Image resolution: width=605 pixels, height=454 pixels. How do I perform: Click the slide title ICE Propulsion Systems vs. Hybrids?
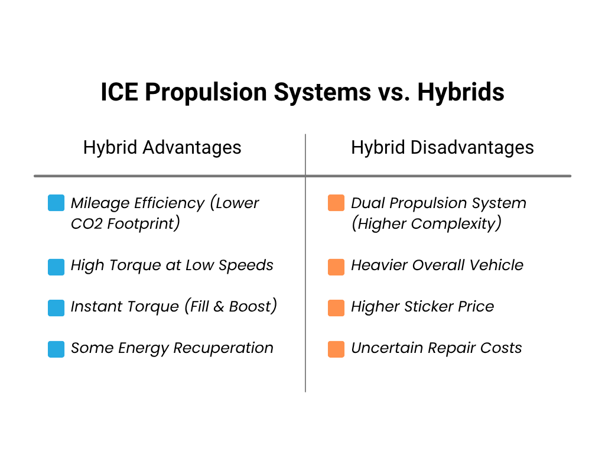click(302, 93)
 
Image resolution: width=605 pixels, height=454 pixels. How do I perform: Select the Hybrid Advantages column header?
click(162, 147)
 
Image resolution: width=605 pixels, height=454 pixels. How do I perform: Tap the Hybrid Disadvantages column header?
click(442, 147)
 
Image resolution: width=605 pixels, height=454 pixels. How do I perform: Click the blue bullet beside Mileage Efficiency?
click(56, 203)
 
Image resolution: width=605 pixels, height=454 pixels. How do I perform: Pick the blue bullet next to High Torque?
click(56, 267)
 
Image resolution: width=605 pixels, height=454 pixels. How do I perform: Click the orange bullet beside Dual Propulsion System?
click(336, 203)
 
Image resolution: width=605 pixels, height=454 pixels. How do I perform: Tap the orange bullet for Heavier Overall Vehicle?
click(336, 267)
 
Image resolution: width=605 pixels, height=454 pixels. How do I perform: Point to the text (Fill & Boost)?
click(231, 307)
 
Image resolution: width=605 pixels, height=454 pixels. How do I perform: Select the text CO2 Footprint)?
click(125, 224)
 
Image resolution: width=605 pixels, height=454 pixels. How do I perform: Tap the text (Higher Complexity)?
click(426, 224)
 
